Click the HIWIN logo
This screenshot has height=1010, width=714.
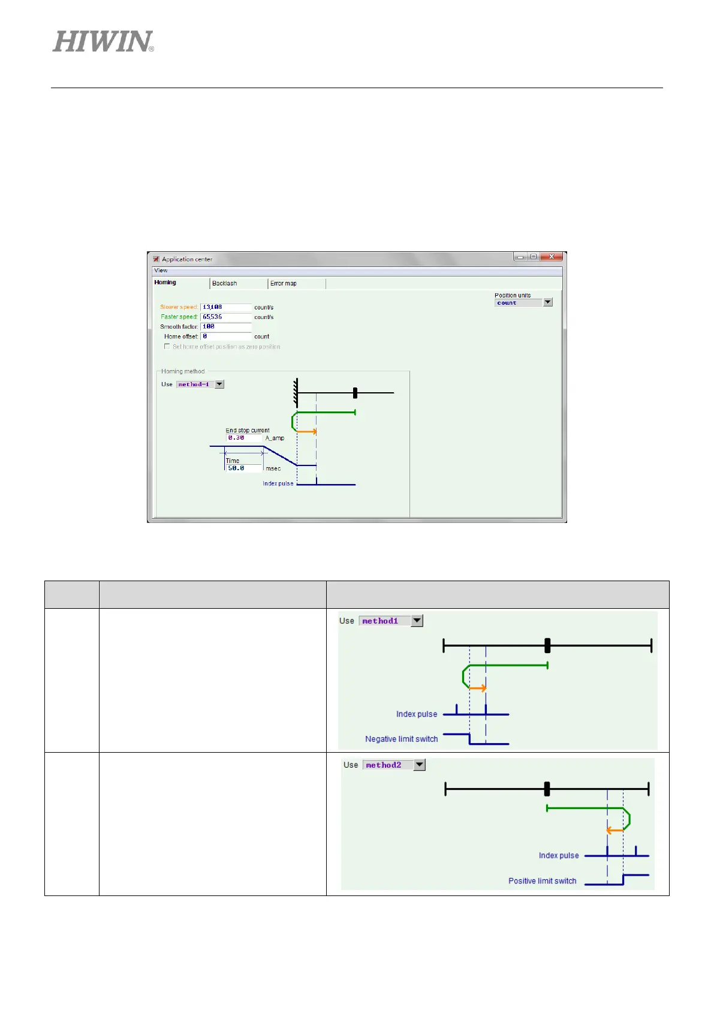(103, 41)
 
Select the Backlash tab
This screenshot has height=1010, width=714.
(225, 283)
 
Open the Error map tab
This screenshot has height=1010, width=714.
(284, 283)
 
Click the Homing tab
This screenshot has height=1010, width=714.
(165, 282)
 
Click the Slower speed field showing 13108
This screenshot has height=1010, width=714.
(225, 307)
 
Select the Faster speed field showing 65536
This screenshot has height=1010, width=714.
(225, 317)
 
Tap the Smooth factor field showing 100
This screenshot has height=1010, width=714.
(225, 326)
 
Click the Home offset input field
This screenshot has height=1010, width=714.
(225, 336)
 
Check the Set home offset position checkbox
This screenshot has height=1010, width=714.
(167, 347)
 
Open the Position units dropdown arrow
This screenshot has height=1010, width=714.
(547, 303)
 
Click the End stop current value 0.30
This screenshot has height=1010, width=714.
(243, 438)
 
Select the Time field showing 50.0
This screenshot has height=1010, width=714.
(243, 468)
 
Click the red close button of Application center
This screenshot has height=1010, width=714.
(552, 257)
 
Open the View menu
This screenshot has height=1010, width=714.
(161, 270)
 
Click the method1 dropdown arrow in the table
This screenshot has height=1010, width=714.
(417, 621)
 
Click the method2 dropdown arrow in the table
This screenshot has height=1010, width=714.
(420, 765)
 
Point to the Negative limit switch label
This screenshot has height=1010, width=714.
(401, 739)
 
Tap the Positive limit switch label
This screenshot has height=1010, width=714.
(542, 881)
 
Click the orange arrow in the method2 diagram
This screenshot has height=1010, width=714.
(614, 831)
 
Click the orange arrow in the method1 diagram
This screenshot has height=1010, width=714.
(478, 688)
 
